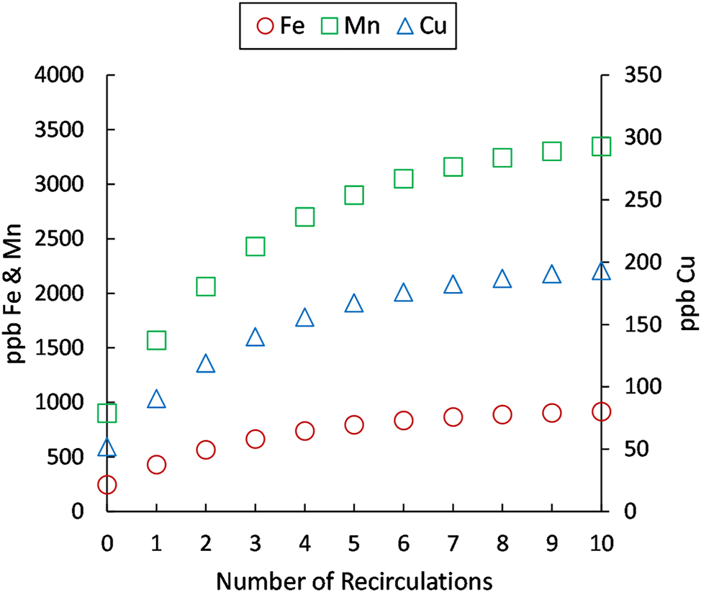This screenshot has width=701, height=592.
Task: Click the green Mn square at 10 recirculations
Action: pyautogui.click(x=601, y=147)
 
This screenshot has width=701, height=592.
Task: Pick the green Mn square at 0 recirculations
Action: pyautogui.click(x=107, y=413)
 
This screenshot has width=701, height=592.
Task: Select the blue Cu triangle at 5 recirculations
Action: pyautogui.click(x=353, y=304)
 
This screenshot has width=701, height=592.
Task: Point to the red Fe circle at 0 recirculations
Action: pyautogui.click(x=107, y=485)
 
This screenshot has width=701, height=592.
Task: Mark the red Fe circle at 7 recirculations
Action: pyautogui.click(x=453, y=417)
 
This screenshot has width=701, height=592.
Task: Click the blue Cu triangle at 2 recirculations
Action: pyautogui.click(x=206, y=364)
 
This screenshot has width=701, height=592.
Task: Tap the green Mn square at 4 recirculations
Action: pyautogui.click(x=304, y=217)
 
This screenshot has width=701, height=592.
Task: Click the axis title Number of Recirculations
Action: pyautogui.click(x=353, y=578)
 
